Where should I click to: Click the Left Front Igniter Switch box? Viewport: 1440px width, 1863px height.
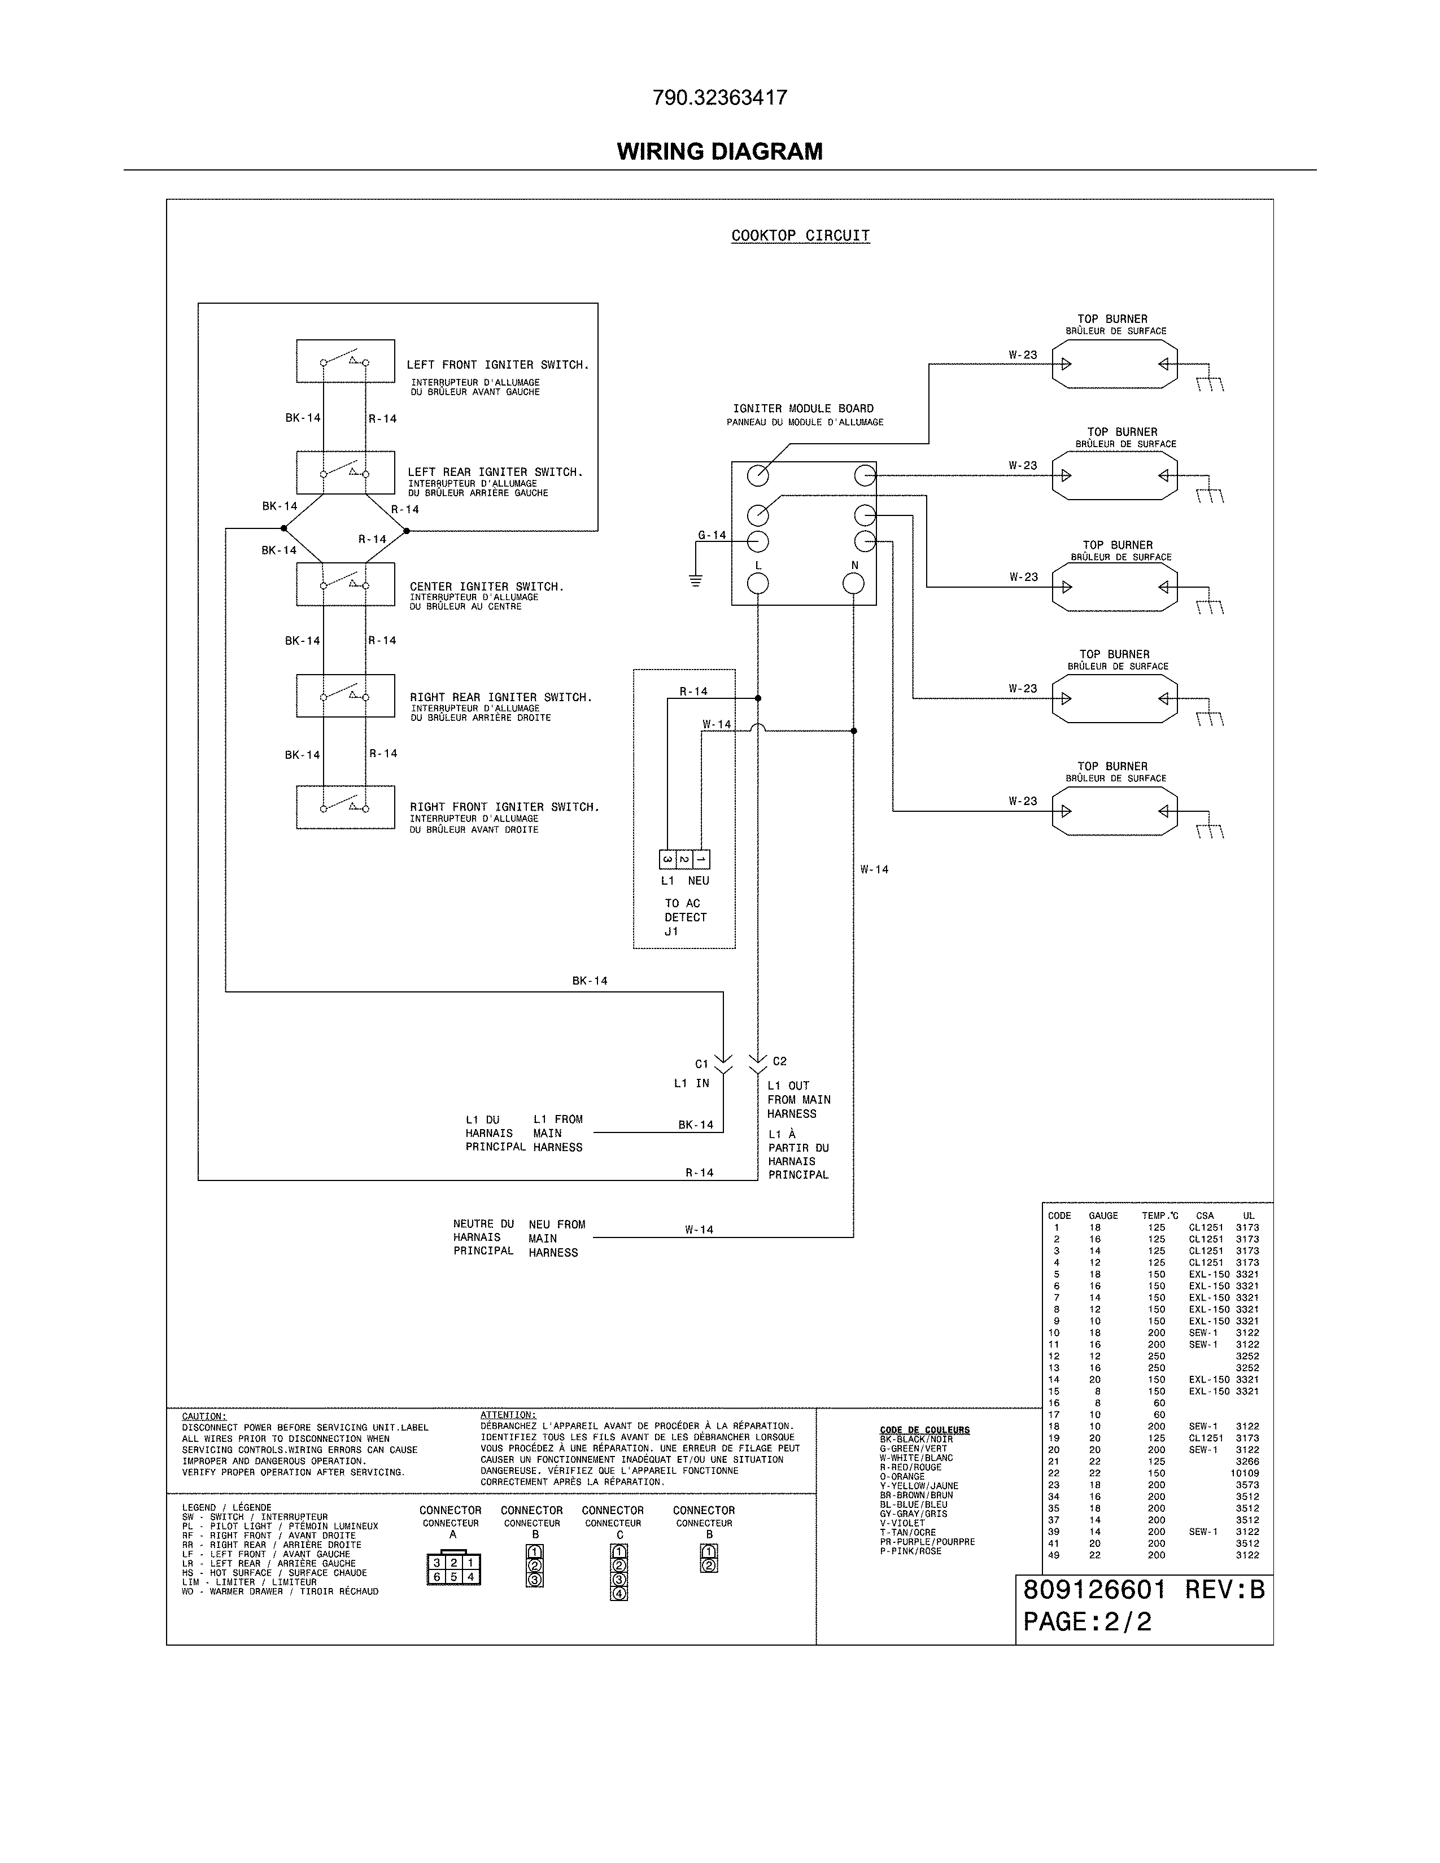tap(344, 361)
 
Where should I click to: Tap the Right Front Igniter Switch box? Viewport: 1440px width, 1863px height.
tap(344, 807)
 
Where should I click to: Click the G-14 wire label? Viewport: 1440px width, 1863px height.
tap(712, 535)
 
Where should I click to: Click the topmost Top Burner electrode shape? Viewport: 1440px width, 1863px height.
tap(1114, 364)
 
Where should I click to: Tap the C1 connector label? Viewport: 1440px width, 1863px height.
tap(701, 1064)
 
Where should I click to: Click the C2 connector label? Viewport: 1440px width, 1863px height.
tap(779, 1061)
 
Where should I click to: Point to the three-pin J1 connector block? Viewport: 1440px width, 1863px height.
tap(684, 859)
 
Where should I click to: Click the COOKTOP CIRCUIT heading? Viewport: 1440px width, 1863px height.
tap(800, 235)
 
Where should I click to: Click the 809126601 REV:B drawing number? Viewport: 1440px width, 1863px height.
tap(1143, 1590)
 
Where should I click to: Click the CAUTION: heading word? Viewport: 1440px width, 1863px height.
tap(204, 1416)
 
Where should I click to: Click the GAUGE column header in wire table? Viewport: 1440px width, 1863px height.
tap(1102, 1215)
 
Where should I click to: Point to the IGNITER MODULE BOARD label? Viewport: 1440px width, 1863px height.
tap(803, 409)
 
